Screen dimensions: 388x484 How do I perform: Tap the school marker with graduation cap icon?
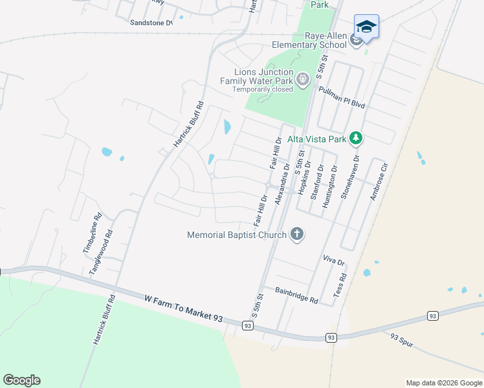(366, 27)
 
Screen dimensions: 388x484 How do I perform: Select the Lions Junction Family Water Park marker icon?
(302, 80)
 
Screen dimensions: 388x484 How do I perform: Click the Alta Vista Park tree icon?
(355, 137)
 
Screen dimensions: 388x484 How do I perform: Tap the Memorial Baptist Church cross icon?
(296, 234)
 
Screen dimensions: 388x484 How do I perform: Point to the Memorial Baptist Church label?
(236, 235)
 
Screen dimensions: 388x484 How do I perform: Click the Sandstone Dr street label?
(152, 23)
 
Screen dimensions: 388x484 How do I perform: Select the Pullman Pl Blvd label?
(342, 96)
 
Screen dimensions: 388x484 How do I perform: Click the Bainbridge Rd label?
(297, 296)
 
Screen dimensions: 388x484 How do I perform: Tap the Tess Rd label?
(340, 285)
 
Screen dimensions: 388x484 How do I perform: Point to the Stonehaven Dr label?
(349, 176)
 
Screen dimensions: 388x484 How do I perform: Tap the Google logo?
(21, 380)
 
